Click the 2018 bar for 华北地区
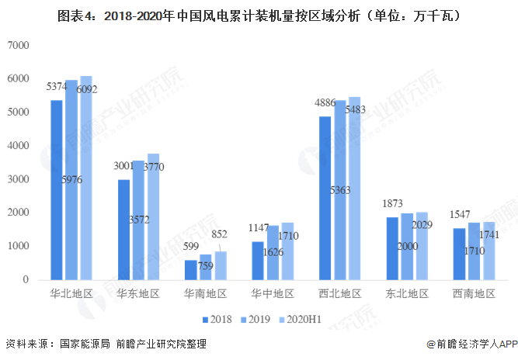pos(57,189)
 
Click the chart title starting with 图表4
pos(259,15)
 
